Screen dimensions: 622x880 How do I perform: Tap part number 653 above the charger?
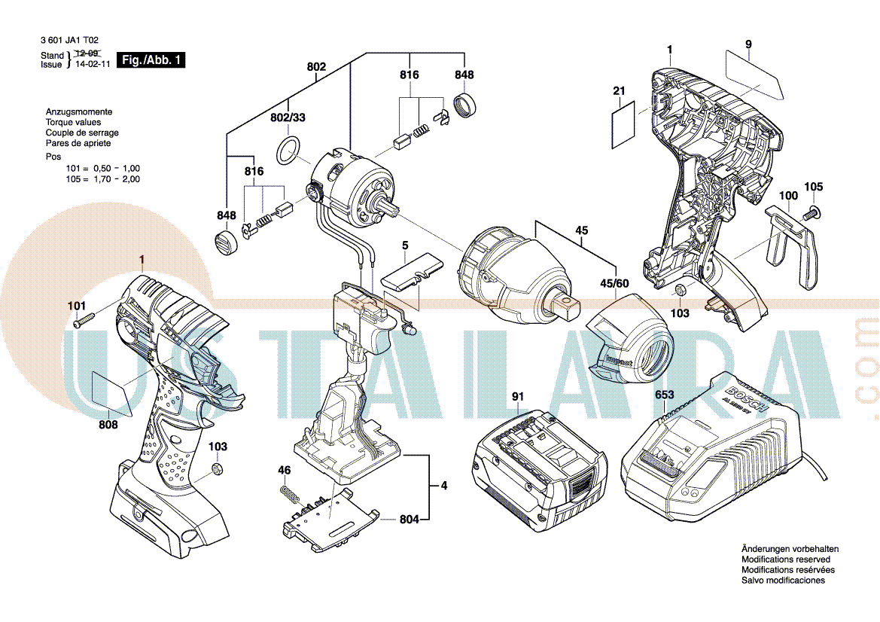(665, 395)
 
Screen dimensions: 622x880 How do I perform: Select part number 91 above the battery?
(517, 396)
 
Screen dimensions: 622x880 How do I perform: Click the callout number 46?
(284, 471)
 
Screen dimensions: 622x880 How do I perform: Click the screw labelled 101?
(82, 321)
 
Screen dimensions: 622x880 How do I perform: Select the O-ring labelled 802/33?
(288, 151)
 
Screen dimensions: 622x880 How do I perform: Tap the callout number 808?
(108, 425)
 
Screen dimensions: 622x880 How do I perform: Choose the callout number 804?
(410, 519)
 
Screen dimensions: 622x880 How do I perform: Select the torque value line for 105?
(102, 179)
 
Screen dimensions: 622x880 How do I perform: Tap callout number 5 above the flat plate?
(405, 245)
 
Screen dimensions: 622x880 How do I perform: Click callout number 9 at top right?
(748, 44)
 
